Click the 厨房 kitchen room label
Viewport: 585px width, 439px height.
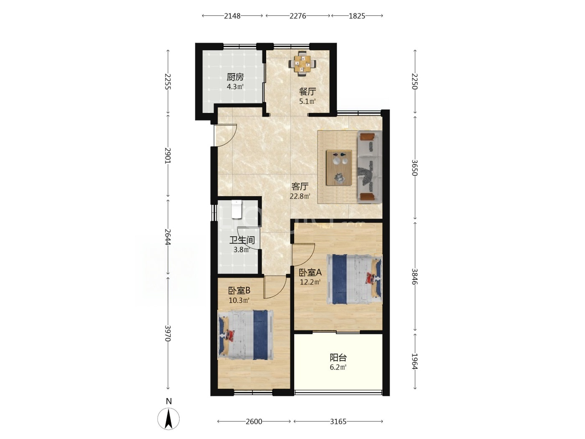pos(235,77)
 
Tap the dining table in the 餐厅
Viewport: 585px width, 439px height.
pos(302,64)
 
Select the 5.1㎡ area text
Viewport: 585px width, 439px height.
pos(307,101)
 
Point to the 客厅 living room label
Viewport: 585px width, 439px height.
pos(300,186)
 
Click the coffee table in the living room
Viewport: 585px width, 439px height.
pos(339,168)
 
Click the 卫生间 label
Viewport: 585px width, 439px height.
pos(242,240)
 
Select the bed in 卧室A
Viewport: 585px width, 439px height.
pos(354,279)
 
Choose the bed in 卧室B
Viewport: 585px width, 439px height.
pos(246,335)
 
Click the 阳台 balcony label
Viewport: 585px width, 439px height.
pos(338,357)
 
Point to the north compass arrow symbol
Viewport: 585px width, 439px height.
pos(168,419)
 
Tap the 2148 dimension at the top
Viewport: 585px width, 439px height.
pos(232,16)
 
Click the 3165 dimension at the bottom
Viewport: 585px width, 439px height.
pos(338,421)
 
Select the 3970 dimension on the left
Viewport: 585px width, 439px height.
pos(168,333)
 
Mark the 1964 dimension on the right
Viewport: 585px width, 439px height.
pos(415,361)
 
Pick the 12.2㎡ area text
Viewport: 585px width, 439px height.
pos(310,282)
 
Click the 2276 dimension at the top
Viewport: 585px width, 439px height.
pos(298,16)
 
